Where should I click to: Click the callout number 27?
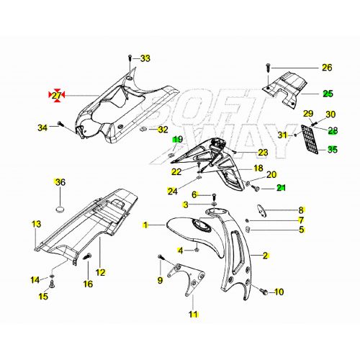[x=56, y=94]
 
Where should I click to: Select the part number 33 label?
[x=145, y=58]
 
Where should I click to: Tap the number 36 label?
[x=60, y=182]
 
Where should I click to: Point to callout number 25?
[x=327, y=94]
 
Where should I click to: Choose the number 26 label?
[x=326, y=68]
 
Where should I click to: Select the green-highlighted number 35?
[x=332, y=150]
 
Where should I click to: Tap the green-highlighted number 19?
[x=177, y=139]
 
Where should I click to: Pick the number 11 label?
[x=193, y=314]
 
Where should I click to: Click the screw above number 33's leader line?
[x=129, y=57]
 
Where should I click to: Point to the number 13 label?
[x=36, y=225]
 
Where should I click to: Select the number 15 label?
[x=43, y=295]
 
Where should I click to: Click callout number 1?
[x=146, y=225]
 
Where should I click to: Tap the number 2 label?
[x=265, y=256]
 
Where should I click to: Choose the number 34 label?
[x=42, y=128]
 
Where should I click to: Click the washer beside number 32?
[x=145, y=129]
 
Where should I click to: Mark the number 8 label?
[x=302, y=210]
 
